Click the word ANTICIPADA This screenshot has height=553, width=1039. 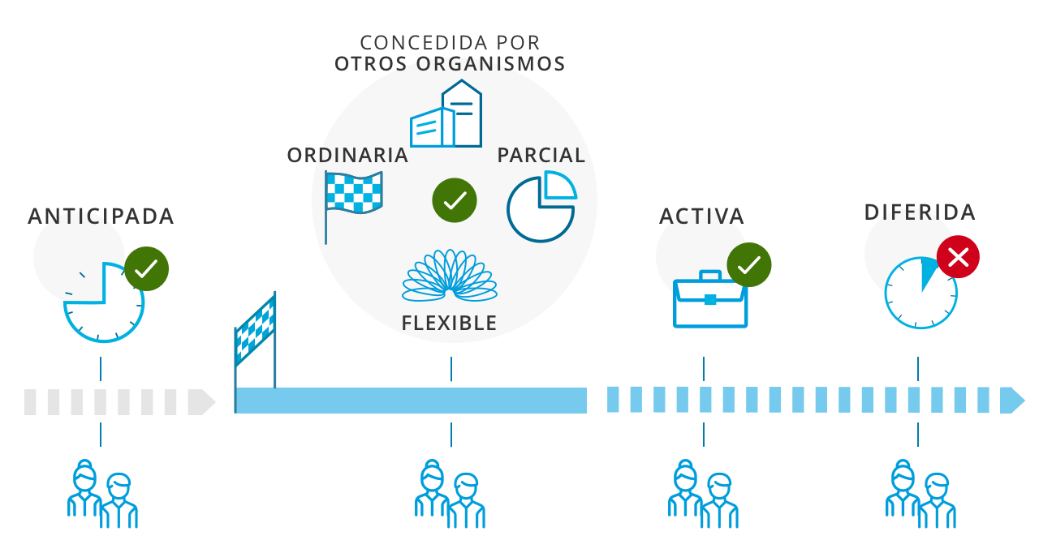[x=101, y=216]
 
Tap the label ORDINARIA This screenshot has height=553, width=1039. [x=347, y=155]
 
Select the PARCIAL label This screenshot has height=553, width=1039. [x=541, y=155]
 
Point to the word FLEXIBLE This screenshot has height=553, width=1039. [x=449, y=323]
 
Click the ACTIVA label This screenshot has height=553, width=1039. [x=702, y=216]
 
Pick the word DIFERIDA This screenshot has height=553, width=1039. [x=920, y=212]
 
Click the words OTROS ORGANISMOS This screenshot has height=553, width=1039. [x=450, y=63]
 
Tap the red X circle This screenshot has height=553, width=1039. [x=958, y=258]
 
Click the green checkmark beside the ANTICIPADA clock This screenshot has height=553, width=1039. [x=146, y=269]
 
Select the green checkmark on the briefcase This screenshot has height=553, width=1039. [x=748, y=264]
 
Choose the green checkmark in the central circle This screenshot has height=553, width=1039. [x=454, y=199]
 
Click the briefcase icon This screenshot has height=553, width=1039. [x=710, y=299]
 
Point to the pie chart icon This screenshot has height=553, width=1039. [x=541, y=207]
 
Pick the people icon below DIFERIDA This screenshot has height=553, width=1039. [x=920, y=494]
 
